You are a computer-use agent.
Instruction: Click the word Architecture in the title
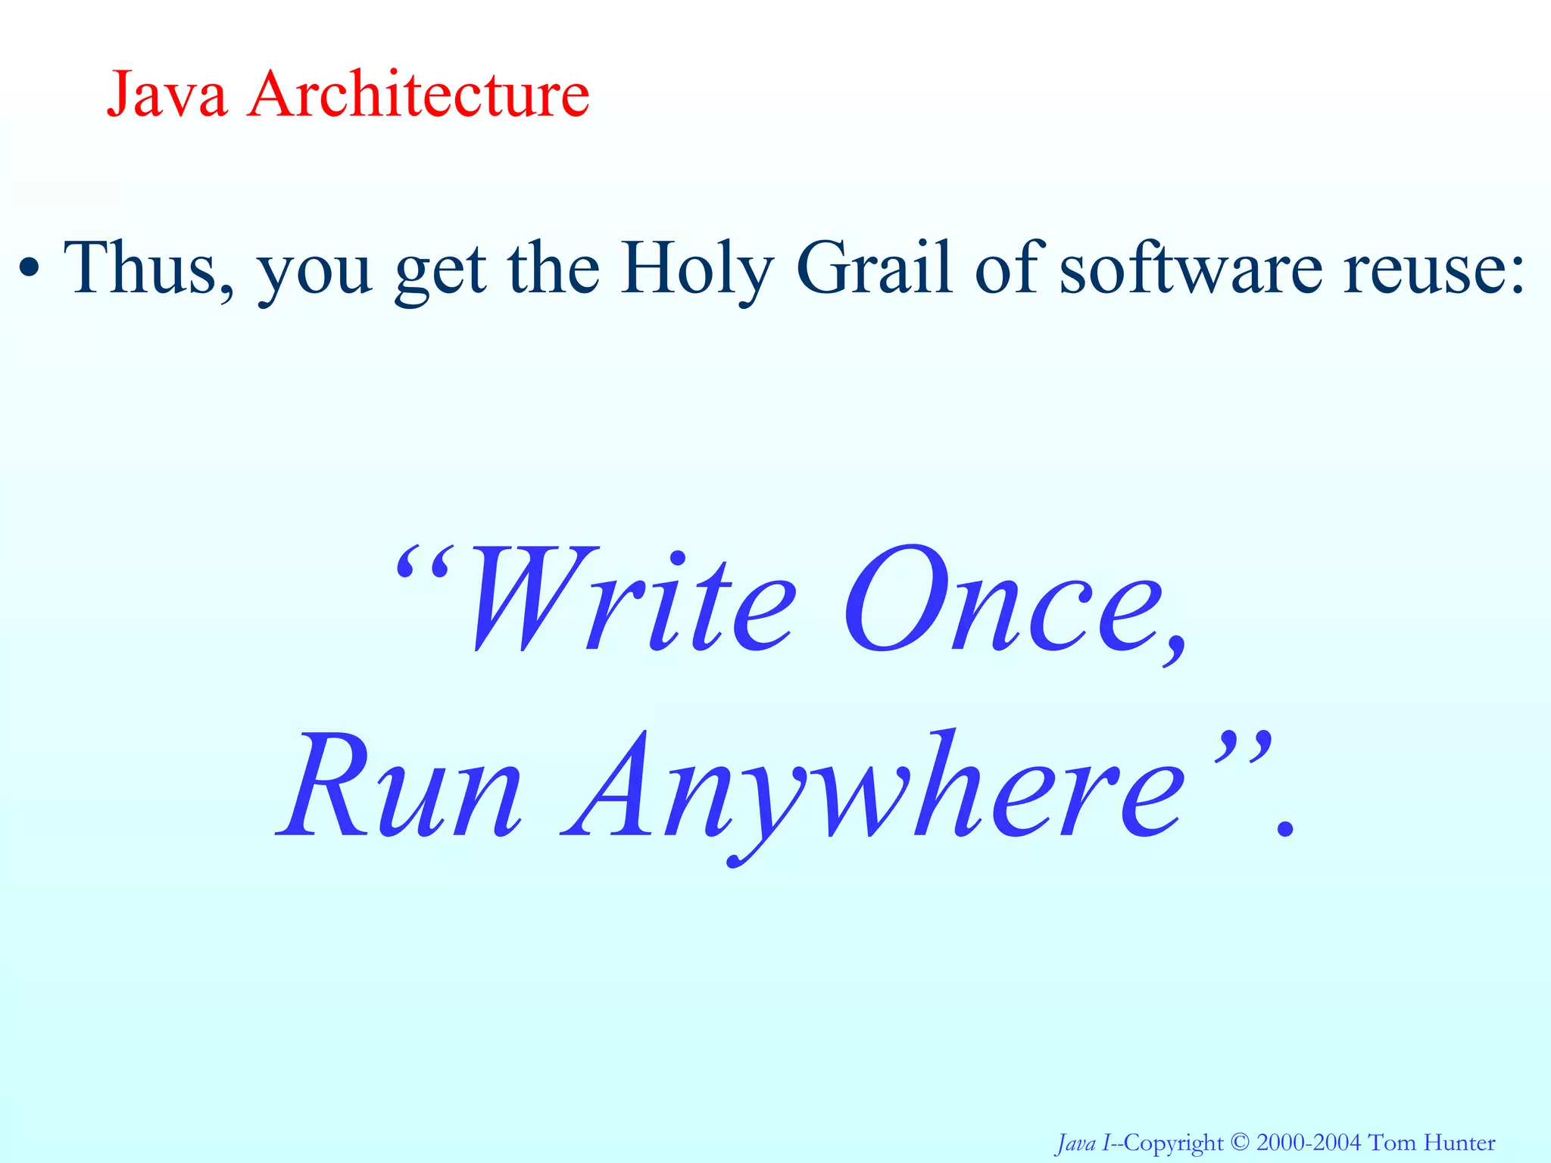tap(418, 94)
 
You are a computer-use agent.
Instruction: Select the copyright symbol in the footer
tap(1240, 1142)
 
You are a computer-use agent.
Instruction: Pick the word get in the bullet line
tap(440, 273)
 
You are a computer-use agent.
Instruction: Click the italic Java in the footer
tap(1075, 1142)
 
